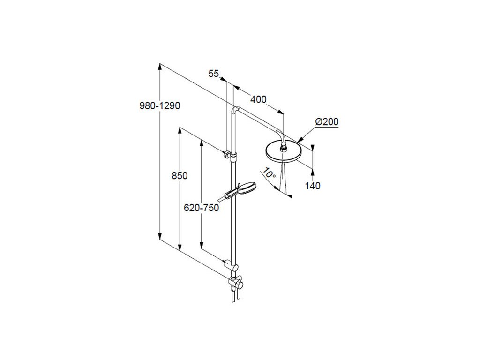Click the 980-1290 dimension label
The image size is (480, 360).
click(x=160, y=106)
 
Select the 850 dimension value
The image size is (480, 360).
click(x=180, y=176)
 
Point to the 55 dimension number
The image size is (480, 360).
click(x=214, y=73)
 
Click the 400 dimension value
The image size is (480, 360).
click(x=258, y=99)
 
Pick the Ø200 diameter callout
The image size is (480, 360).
click(x=327, y=122)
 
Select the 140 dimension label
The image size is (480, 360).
click(x=313, y=186)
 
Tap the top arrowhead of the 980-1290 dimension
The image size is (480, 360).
click(x=160, y=67)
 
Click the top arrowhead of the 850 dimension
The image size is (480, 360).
click(x=180, y=131)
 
